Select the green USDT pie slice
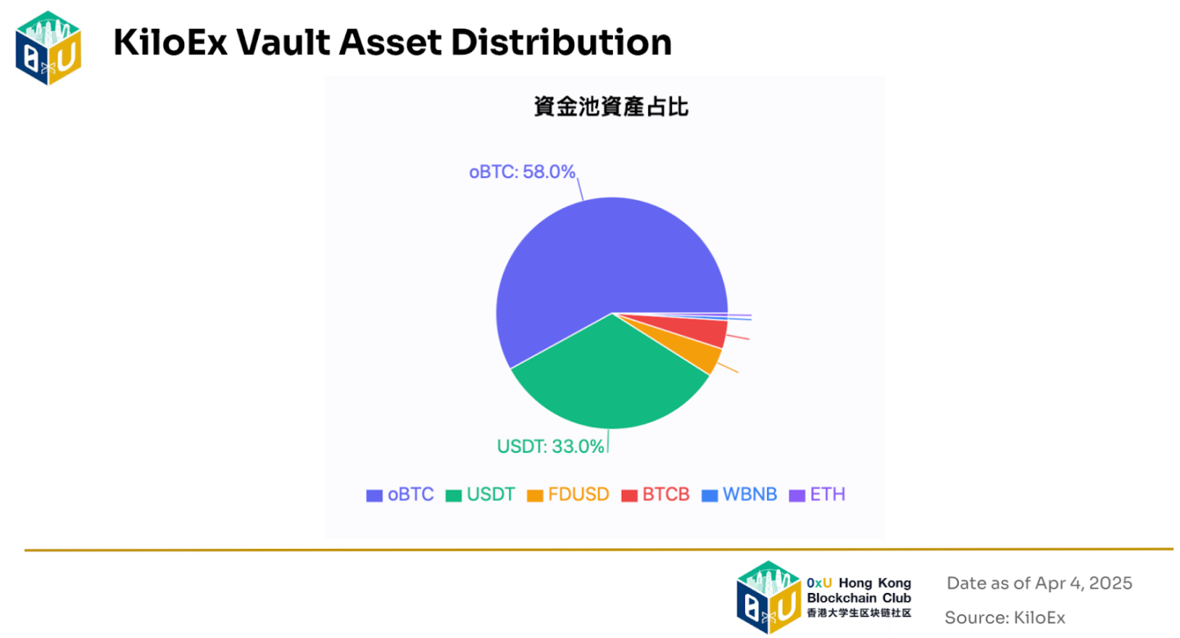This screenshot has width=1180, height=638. [x=606, y=379]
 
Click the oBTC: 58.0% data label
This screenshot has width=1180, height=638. [x=522, y=172]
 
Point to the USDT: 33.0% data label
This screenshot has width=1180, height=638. [x=551, y=446]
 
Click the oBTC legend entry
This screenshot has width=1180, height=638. [x=400, y=495]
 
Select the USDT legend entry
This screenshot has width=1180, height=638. [x=480, y=495]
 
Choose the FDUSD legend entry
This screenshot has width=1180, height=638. [x=568, y=495]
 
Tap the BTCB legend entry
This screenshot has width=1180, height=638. [x=656, y=495]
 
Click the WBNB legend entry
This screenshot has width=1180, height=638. [x=739, y=495]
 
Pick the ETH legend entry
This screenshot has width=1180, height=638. [x=817, y=495]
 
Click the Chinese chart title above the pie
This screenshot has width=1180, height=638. [x=611, y=106]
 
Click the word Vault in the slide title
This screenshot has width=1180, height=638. [x=283, y=42]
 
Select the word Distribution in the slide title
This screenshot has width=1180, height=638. [x=561, y=42]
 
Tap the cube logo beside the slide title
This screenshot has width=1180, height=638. [x=48, y=48]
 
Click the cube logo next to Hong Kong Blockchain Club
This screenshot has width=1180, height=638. [x=769, y=598]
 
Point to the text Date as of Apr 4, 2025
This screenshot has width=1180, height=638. [x=1039, y=583]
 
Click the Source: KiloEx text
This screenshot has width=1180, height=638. [x=1005, y=618]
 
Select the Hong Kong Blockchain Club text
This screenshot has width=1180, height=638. [x=859, y=590]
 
